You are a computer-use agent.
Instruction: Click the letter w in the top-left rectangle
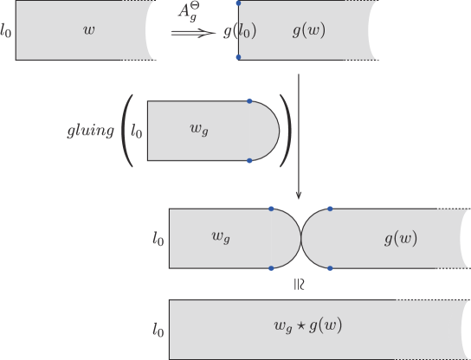88,30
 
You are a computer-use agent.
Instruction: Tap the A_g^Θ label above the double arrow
190,12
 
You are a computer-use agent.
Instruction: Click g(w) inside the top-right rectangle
309,30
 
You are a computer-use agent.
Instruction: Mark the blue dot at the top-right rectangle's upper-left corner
238,3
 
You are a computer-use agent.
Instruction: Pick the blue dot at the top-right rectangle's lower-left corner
238,58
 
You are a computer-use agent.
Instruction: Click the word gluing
90,132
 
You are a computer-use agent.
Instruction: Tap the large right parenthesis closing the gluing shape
287,132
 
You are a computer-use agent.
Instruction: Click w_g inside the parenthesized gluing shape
199,130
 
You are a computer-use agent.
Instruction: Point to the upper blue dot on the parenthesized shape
249,101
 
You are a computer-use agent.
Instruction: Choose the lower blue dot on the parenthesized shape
249,160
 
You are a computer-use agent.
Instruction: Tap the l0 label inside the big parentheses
136,132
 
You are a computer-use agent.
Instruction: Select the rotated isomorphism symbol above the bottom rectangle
299,283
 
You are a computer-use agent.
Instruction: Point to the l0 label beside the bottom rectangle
157,330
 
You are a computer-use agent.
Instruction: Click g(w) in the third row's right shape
400,238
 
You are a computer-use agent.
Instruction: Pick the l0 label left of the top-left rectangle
8,32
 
